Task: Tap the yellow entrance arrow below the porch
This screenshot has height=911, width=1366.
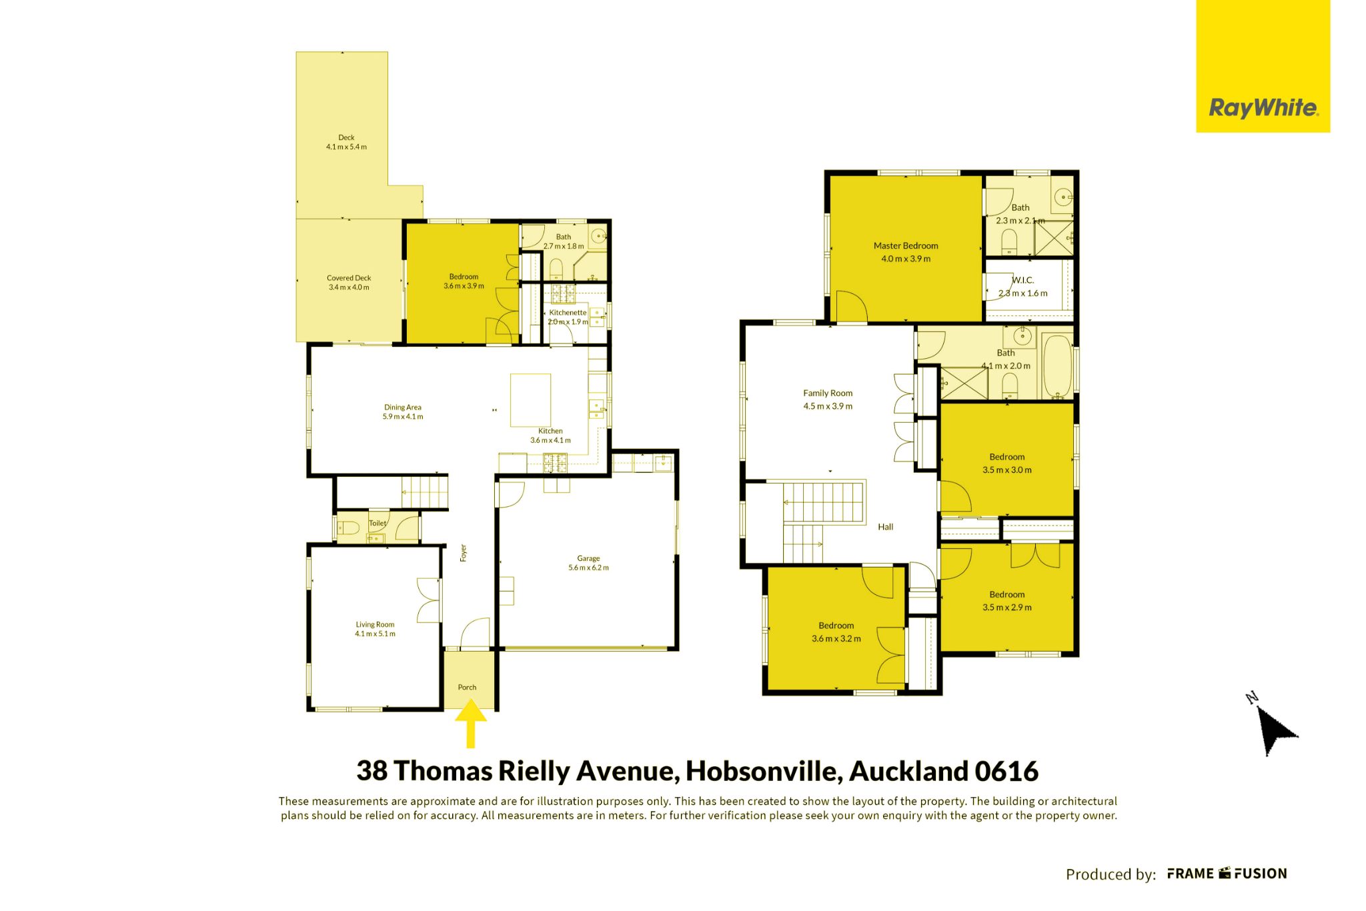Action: (471, 723)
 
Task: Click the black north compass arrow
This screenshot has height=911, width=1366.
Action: (1274, 728)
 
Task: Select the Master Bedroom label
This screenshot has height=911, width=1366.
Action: (906, 246)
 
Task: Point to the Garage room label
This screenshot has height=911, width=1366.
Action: (588, 558)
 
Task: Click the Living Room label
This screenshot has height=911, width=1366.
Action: (375, 625)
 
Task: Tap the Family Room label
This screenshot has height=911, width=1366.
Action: (828, 393)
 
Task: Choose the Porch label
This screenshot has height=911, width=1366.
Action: (467, 688)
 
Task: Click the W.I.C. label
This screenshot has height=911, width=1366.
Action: (1023, 280)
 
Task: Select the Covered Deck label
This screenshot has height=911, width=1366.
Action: (349, 278)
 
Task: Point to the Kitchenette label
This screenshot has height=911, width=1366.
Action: (568, 313)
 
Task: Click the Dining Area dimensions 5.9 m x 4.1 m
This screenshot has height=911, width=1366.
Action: (403, 417)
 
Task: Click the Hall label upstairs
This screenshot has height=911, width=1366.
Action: (886, 527)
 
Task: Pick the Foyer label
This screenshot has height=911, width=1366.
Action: (464, 553)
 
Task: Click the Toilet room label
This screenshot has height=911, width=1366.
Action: (378, 524)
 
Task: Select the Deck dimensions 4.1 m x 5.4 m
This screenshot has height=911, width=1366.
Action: (346, 147)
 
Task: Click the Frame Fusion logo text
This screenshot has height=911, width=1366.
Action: (1227, 874)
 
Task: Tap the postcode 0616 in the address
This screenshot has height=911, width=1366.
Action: (1006, 771)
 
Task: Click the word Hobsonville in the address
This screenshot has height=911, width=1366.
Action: (764, 771)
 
